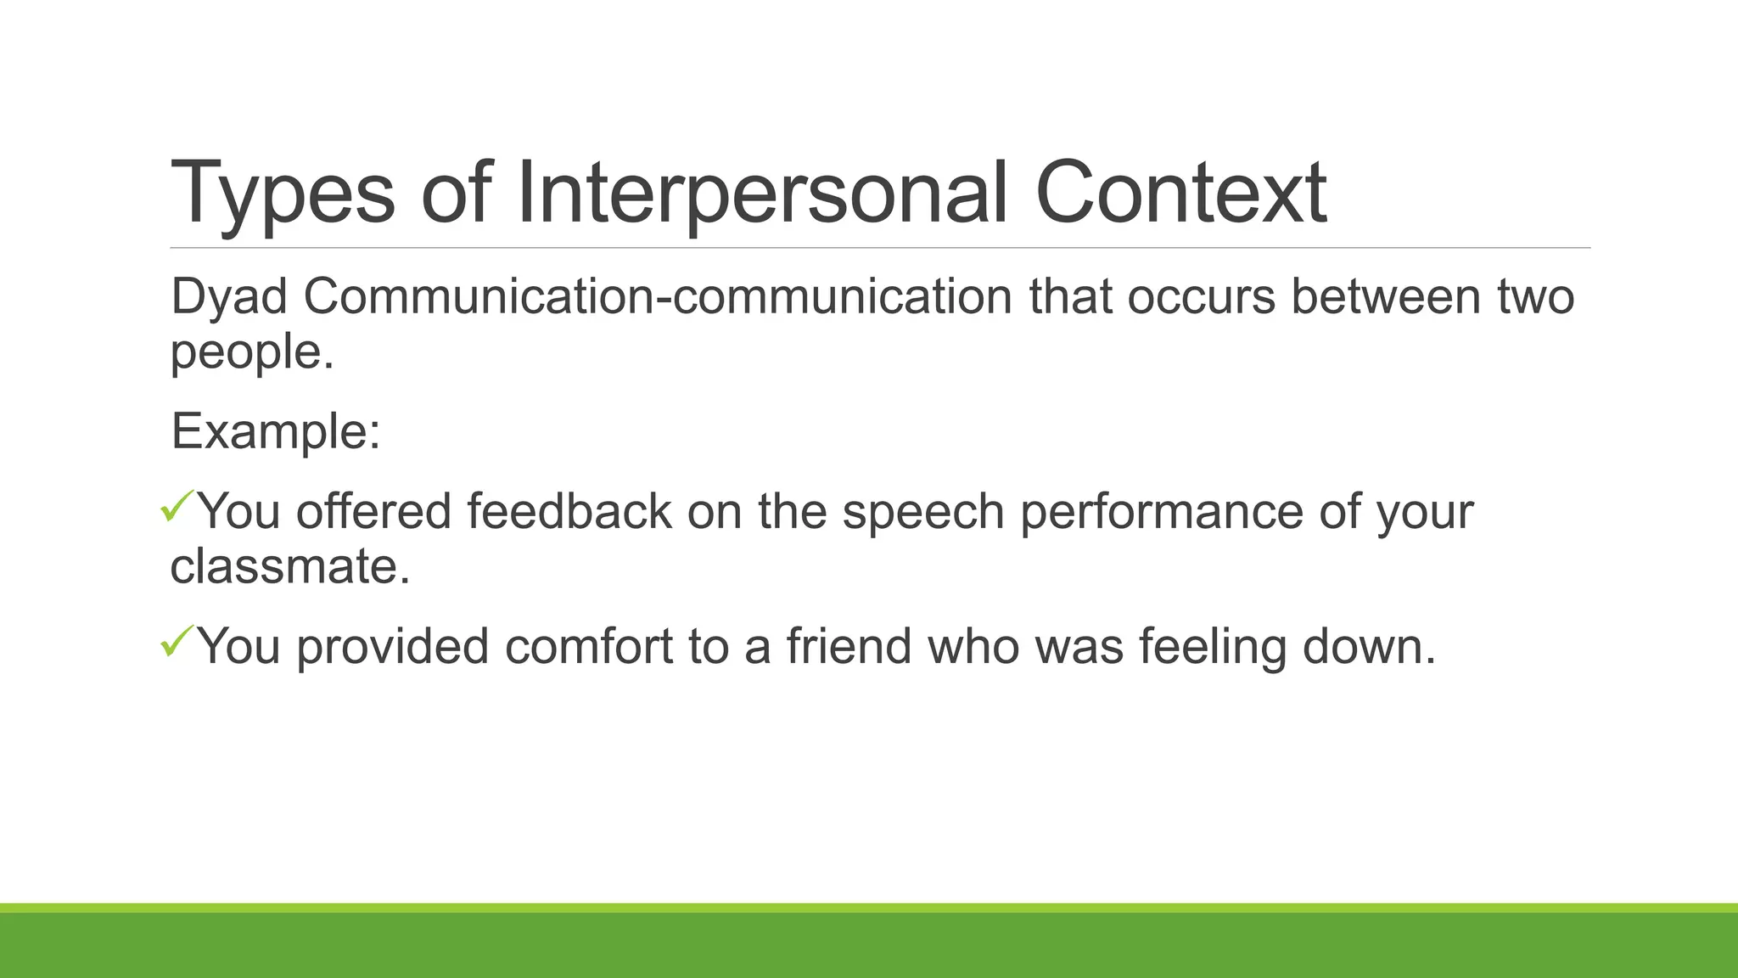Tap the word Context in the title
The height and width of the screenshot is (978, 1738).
1180,194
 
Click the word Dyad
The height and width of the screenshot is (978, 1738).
229,298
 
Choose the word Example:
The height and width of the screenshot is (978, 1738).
276,432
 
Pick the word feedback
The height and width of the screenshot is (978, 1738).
569,512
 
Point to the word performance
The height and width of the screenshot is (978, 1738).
1162,512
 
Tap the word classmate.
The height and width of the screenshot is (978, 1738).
289,566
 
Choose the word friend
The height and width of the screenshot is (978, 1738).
849,647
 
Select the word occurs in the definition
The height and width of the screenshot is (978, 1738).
1201,298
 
